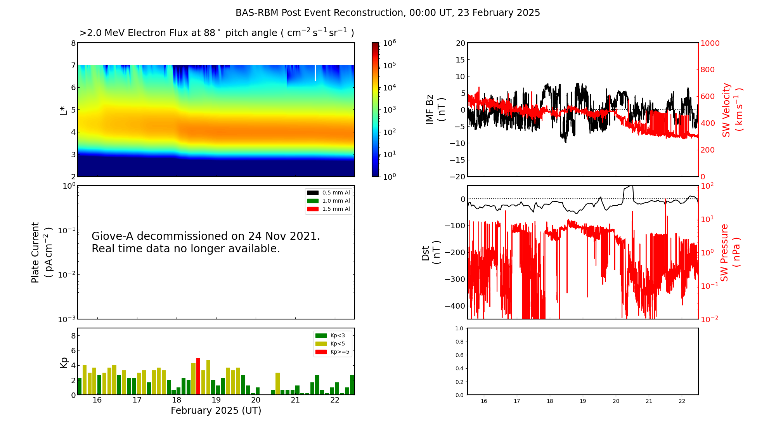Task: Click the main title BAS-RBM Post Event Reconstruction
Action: [x=388, y=13]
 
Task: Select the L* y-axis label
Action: [x=64, y=110]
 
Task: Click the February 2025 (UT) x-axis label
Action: [x=216, y=411]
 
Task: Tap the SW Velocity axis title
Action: [x=732, y=109]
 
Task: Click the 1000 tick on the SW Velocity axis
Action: [x=710, y=43]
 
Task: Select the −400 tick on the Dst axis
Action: [x=454, y=306]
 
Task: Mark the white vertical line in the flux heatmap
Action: [x=315, y=73]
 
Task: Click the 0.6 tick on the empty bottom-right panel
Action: [x=459, y=355]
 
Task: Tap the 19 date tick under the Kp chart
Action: [x=216, y=400]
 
